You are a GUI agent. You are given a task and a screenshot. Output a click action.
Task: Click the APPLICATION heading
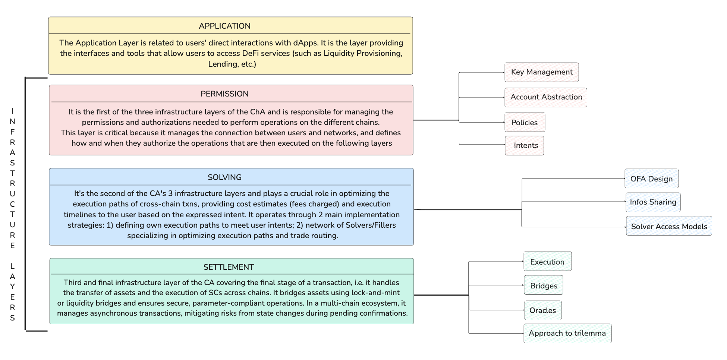point(224,26)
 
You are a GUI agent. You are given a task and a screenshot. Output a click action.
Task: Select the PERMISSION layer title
point(224,94)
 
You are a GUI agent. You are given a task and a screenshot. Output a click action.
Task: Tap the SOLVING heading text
point(224,177)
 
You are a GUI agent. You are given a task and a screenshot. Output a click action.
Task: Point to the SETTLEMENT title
point(229,267)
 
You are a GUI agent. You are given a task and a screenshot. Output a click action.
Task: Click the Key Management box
point(542,72)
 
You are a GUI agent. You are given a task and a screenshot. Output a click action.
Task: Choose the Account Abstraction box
point(546,97)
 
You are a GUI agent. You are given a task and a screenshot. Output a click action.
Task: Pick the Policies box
point(525,122)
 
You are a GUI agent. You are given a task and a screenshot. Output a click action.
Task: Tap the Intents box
point(525,145)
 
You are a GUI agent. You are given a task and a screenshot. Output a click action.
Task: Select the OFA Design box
point(652,179)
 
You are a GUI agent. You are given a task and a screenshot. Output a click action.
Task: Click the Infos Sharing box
point(653,202)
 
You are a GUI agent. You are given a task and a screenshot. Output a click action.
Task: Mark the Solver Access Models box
point(669,226)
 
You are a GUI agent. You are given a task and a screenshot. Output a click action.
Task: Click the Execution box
point(548,261)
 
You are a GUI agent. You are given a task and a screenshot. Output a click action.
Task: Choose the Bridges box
point(544,285)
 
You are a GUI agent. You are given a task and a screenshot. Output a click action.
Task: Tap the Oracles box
point(543,310)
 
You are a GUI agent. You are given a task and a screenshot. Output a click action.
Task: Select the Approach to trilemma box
point(567,333)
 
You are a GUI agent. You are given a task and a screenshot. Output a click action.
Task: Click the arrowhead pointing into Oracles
point(523,310)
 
